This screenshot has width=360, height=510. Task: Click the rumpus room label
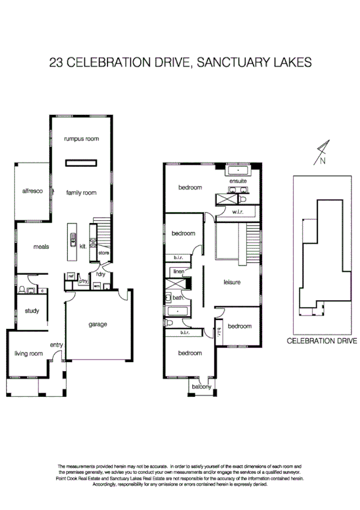(x=81, y=139)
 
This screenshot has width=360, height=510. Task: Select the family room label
(x=81, y=192)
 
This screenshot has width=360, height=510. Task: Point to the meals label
(x=41, y=247)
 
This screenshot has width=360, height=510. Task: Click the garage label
(x=97, y=325)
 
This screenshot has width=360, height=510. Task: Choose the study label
(x=32, y=311)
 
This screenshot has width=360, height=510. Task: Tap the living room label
(x=28, y=354)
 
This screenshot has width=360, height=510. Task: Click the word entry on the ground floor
(x=56, y=345)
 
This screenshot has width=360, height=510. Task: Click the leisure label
(x=232, y=281)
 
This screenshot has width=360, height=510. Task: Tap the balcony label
(x=201, y=387)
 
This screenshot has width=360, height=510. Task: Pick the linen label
(x=178, y=272)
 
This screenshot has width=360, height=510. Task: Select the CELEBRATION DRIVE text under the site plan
(x=322, y=340)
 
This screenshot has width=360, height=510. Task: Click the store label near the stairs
(x=103, y=253)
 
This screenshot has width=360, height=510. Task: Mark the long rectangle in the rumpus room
(x=81, y=161)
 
